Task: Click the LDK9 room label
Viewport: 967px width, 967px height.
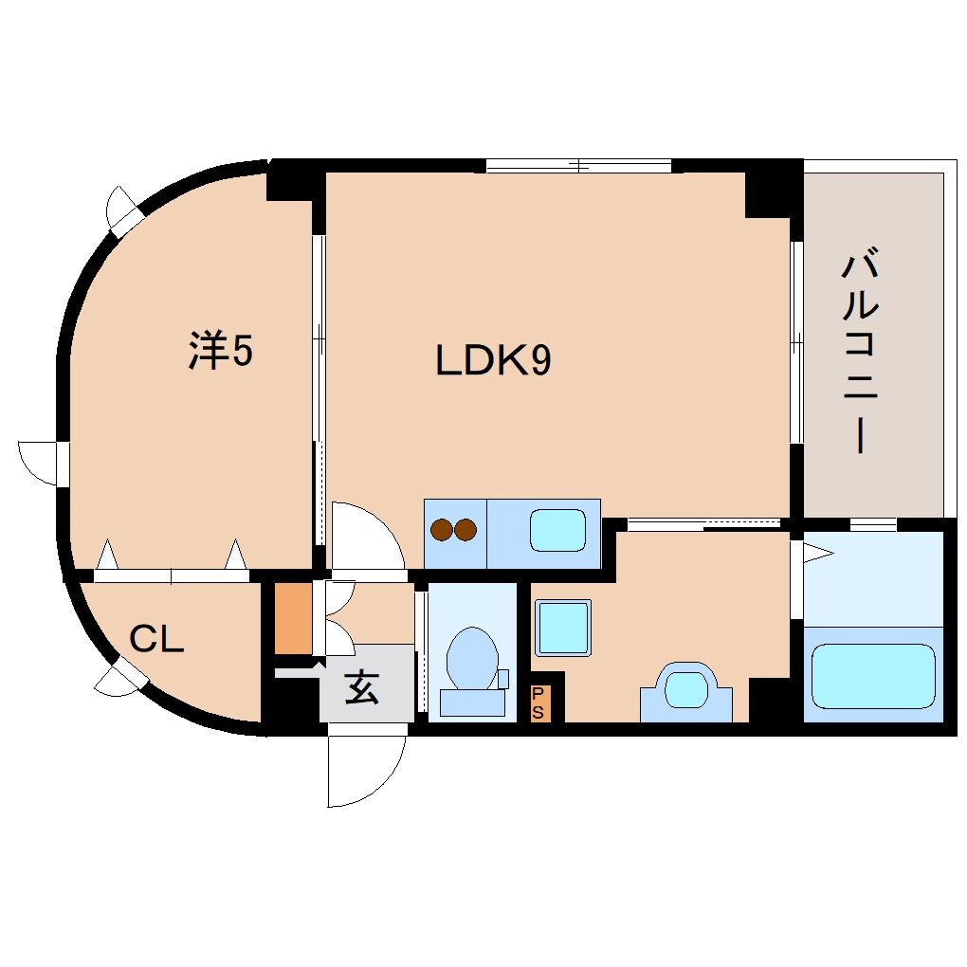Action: (493, 361)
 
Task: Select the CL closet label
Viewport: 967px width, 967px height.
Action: (156, 640)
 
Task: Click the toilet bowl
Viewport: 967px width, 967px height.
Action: (471, 658)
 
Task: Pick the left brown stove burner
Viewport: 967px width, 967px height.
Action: (443, 530)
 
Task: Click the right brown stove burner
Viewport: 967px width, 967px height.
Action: (465, 530)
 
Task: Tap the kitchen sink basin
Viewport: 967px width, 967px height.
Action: (557, 530)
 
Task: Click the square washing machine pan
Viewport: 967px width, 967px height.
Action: (563, 628)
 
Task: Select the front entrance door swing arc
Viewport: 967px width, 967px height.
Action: (365, 768)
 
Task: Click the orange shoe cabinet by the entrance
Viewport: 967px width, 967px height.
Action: (293, 619)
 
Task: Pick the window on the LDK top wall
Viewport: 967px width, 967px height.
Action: (578, 166)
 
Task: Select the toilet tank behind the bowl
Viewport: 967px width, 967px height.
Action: (472, 702)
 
